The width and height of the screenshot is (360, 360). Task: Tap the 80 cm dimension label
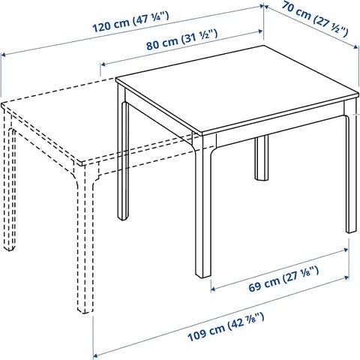[x=182, y=40]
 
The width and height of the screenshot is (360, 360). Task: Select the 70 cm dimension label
[x=315, y=19]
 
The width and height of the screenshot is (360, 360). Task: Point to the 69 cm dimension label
[x=283, y=279]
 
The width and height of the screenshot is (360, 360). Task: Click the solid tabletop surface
[x=238, y=90]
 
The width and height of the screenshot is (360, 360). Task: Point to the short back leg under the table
[x=262, y=158]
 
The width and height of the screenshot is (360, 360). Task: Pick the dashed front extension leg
[x=85, y=238]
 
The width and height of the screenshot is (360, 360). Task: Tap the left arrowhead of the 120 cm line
[x=3, y=54]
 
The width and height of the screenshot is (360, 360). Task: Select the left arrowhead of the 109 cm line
[x=95, y=355]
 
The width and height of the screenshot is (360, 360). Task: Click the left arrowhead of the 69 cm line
[x=213, y=289]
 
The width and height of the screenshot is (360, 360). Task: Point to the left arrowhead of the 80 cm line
[x=103, y=64]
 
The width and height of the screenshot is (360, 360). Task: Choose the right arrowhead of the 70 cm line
[x=357, y=46]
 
